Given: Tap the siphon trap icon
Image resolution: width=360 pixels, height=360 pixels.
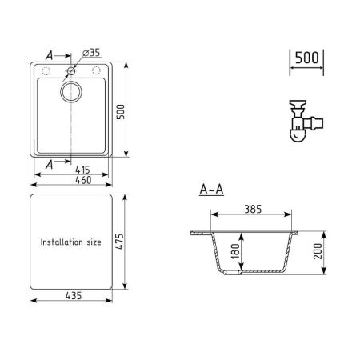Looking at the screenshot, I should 302,120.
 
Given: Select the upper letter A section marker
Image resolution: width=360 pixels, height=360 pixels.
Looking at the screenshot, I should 50,56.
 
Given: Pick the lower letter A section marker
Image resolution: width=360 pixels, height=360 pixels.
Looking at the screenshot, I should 50,164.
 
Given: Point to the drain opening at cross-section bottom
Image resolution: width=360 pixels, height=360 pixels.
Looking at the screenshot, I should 233,274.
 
